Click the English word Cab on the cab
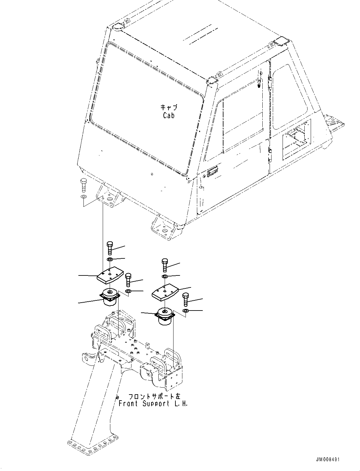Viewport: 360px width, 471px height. tap(169, 115)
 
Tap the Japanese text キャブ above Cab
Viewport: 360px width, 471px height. tap(169, 107)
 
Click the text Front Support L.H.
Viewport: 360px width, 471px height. tap(153, 404)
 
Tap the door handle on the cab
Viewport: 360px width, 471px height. tap(212, 172)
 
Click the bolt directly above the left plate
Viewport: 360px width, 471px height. tap(110, 248)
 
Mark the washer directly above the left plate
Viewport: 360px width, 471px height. tap(110, 260)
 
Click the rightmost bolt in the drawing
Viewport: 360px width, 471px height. tap(186, 299)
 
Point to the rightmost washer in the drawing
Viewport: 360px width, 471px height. tap(186, 311)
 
